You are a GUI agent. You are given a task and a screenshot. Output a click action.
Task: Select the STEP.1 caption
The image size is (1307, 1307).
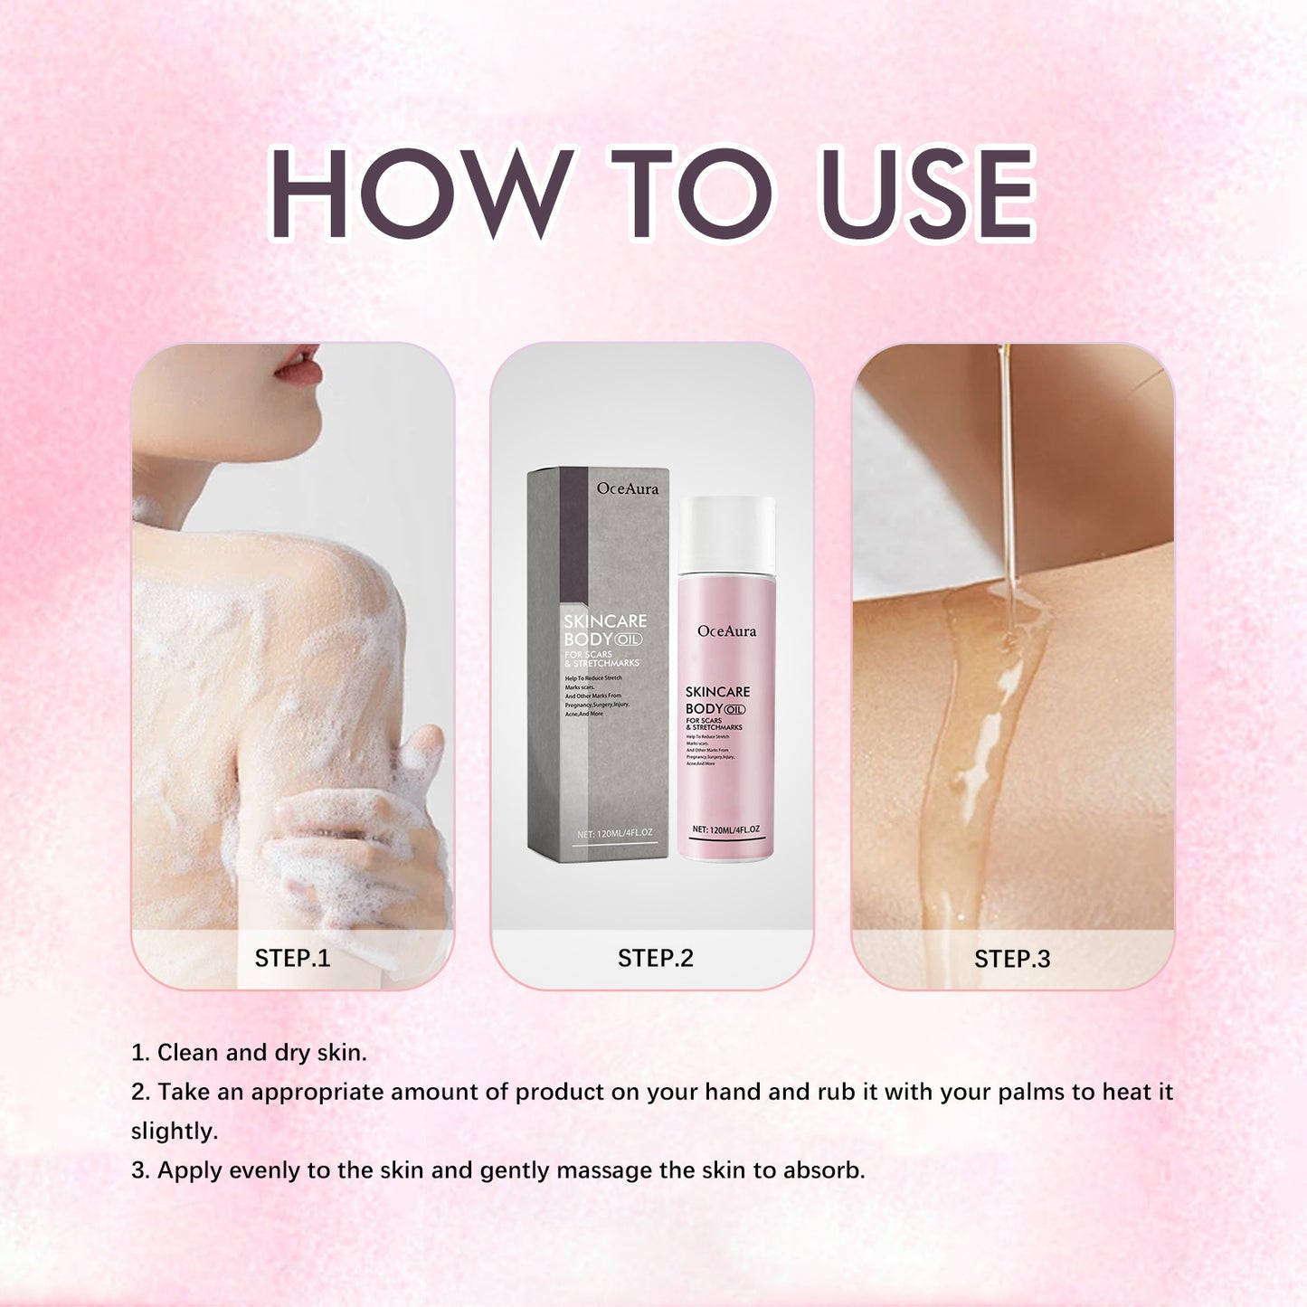(292, 958)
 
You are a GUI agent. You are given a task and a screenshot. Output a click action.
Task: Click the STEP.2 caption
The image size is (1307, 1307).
(655, 958)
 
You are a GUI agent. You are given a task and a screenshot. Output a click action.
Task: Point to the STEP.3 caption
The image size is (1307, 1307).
(1012, 959)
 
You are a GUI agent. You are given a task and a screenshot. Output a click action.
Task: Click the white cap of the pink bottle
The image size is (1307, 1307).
(726, 533)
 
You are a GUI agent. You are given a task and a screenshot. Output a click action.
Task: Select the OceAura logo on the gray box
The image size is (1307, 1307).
(628, 488)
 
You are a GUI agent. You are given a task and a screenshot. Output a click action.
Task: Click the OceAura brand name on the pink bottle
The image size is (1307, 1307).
(726, 630)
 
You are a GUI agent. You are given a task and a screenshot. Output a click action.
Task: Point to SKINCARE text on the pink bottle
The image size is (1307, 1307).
(717, 692)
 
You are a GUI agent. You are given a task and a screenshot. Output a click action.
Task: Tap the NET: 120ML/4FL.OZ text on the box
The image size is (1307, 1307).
(614, 833)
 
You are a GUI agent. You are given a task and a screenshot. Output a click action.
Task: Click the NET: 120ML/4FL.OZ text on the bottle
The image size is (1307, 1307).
(725, 829)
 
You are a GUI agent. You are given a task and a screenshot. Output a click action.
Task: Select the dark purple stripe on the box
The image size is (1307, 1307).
(573, 534)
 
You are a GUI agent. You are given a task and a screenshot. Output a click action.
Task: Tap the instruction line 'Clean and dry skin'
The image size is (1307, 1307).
(249, 1053)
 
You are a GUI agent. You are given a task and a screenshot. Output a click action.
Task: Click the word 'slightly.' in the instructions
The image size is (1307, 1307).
(175, 1132)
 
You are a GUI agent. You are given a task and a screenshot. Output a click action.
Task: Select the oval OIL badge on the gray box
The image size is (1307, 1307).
(629, 639)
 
